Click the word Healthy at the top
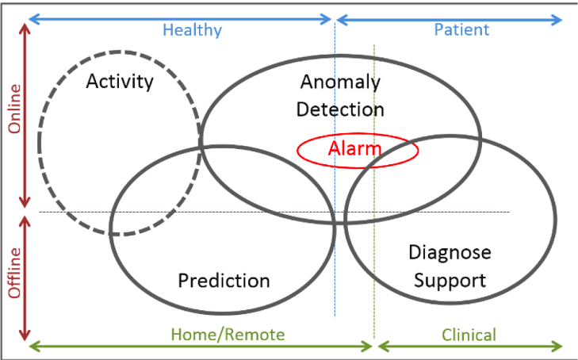click(x=192, y=30)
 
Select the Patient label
click(x=461, y=30)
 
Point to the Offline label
click(x=14, y=273)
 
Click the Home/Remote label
click(x=228, y=334)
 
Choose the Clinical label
click(x=468, y=334)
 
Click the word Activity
click(x=120, y=81)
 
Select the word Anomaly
click(x=340, y=81)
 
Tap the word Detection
click(x=340, y=109)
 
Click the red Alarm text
click(x=354, y=147)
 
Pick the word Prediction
click(x=224, y=280)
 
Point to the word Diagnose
click(x=450, y=252)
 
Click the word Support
click(x=450, y=280)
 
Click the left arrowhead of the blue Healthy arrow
click(x=32, y=17)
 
